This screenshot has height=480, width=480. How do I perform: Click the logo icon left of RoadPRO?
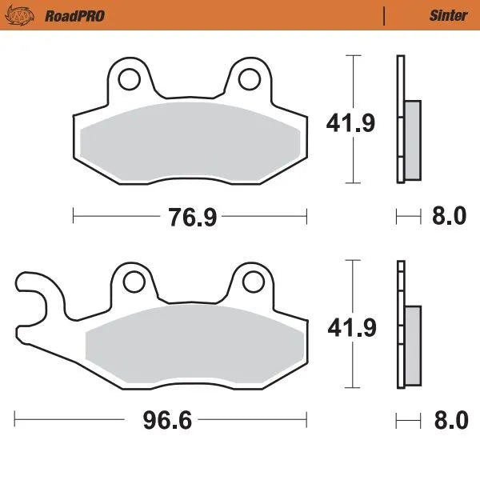click(x=26, y=14)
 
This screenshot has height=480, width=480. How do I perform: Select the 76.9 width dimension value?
click(x=192, y=216)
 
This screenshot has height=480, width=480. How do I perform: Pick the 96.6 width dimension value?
click(x=169, y=419)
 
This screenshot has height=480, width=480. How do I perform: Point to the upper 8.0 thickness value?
click(x=449, y=216)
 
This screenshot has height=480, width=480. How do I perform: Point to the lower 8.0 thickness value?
click(x=449, y=419)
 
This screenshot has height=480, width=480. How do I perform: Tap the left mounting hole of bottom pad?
click(x=132, y=280)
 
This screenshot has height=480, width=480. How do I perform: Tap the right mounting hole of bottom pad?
click(x=253, y=280)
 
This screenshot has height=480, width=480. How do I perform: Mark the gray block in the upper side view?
click(x=412, y=140)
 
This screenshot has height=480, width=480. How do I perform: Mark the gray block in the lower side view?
click(x=412, y=342)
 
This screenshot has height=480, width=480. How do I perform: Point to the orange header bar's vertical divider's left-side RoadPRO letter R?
click(x=50, y=15)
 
